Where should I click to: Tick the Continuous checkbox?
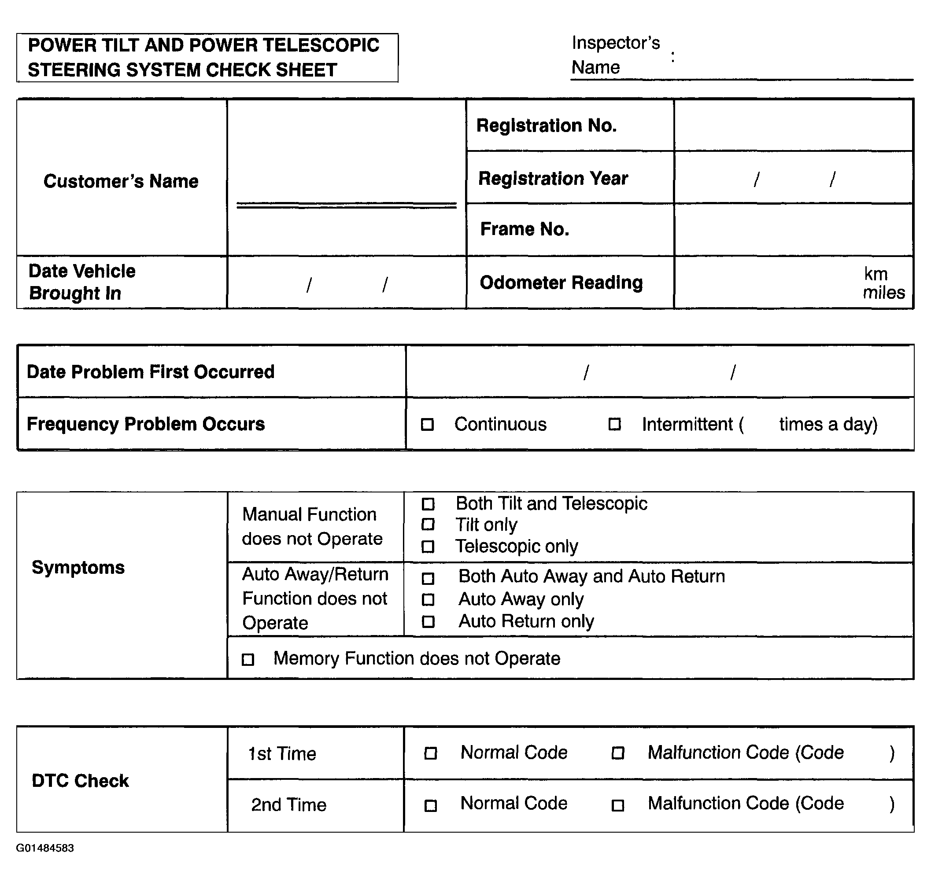pyautogui.click(x=427, y=425)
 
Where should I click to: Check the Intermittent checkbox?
pyautogui.click(x=614, y=425)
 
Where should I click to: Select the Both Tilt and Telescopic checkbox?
pyautogui.click(x=428, y=504)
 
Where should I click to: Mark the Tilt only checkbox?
pyautogui.click(x=428, y=525)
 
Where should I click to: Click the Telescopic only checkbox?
pyautogui.click(x=428, y=547)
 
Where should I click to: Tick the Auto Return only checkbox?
pyautogui.click(x=428, y=622)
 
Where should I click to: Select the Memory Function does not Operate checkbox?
pyautogui.click(x=248, y=659)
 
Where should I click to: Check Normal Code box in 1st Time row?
pyautogui.click(x=430, y=753)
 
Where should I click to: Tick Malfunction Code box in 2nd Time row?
pyautogui.click(x=617, y=805)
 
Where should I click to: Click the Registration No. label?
pyautogui.click(x=546, y=126)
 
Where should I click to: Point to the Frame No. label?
pyautogui.click(x=525, y=229)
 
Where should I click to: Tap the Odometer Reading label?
pyautogui.click(x=561, y=283)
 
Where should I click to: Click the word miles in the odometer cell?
pyautogui.click(x=884, y=293)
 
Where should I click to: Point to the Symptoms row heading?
pyautogui.click(x=78, y=568)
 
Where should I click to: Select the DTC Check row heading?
pyautogui.click(x=80, y=781)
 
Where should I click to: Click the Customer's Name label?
pyautogui.click(x=121, y=181)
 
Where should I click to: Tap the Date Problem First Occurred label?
pyautogui.click(x=150, y=372)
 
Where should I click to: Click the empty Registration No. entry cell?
pyautogui.click(x=793, y=125)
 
